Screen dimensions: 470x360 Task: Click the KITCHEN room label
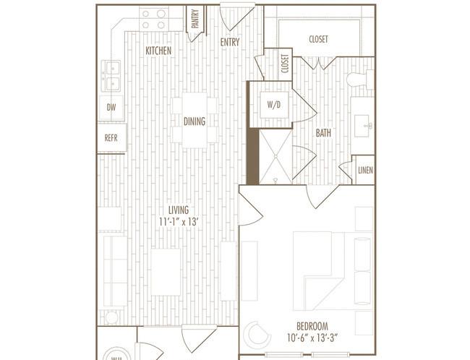158,51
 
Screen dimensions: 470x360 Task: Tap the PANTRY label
195,19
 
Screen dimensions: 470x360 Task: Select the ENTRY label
230,42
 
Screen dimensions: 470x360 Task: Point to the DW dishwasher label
111,107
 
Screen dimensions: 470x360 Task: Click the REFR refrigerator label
111,138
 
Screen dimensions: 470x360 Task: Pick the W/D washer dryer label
274,105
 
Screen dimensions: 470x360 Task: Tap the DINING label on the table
195,121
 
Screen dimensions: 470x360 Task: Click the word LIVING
179,210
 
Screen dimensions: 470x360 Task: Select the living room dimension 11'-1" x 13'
179,222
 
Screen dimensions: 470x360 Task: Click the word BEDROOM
312,326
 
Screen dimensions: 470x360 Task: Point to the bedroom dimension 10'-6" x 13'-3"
312,338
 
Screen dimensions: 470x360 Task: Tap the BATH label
323,133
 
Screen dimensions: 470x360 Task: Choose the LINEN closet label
365,171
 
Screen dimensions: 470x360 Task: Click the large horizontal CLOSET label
318,39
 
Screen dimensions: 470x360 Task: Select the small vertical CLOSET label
285,64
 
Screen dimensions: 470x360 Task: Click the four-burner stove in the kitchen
154,20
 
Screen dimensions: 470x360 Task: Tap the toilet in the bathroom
360,80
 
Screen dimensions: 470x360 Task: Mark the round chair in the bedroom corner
257,335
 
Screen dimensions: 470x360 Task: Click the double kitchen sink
111,76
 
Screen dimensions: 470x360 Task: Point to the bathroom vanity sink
363,126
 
